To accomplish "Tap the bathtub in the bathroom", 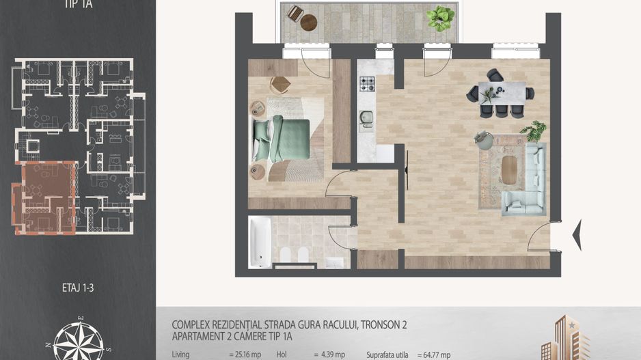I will coord(260,242).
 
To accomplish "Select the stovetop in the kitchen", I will coord(368,84).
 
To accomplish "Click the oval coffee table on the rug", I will coord(509,169).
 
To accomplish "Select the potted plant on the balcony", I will coord(441,18).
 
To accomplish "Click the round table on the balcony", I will coord(309,22).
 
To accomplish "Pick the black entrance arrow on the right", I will coord(576,234).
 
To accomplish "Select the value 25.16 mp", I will coord(244,355).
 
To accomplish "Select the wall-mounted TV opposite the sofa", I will coord(407,170).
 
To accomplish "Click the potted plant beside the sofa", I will coord(533,130).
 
